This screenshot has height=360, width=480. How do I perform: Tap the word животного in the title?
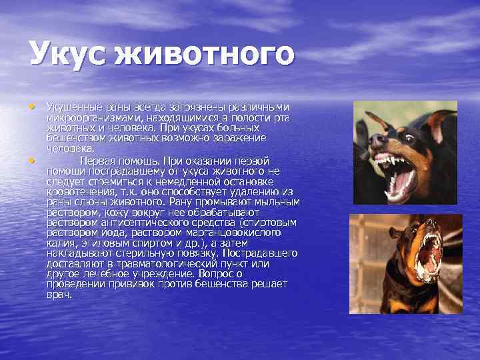(x=204, y=54)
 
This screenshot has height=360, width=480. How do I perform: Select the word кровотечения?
(x=73, y=191)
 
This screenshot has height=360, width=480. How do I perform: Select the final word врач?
(x=59, y=294)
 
